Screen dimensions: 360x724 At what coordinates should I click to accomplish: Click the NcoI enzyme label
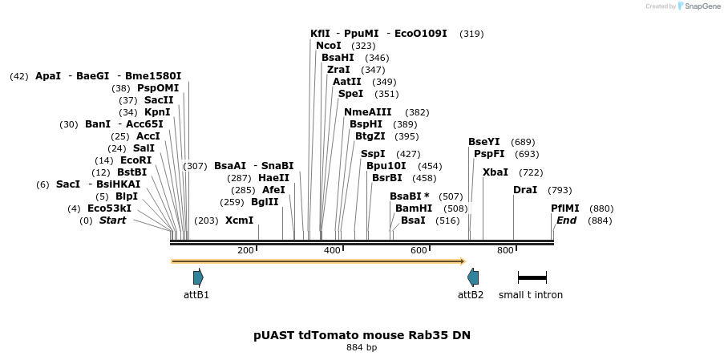pyautogui.click(x=329, y=46)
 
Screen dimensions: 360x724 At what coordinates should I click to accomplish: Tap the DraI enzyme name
pyautogui.click(x=525, y=190)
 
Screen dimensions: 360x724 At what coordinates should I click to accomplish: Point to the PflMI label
pyautogui.click(x=565, y=208)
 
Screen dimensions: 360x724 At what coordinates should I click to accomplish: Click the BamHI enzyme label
pyautogui.click(x=414, y=208)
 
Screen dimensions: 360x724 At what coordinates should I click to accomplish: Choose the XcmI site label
pyautogui.click(x=239, y=220)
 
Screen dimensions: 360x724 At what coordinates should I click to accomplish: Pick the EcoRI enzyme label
pyautogui.click(x=135, y=160)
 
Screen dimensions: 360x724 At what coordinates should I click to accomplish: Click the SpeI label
pyautogui.click(x=351, y=94)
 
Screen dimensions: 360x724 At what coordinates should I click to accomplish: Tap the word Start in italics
pyautogui.click(x=112, y=220)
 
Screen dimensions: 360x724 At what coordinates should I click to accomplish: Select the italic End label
pyautogui.click(x=566, y=220)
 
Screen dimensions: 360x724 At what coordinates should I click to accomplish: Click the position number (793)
pyautogui.click(x=560, y=191)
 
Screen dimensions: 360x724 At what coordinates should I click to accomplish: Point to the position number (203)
pyautogui.click(x=206, y=220)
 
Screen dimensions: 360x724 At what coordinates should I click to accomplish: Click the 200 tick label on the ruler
pyautogui.click(x=245, y=251)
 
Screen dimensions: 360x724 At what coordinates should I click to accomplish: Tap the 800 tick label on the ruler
pyautogui.click(x=504, y=251)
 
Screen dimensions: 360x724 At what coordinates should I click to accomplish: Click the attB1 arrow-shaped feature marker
pyautogui.click(x=198, y=277)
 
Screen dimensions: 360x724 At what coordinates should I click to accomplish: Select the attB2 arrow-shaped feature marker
pyautogui.click(x=473, y=277)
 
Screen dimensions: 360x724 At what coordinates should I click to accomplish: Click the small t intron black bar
pyautogui.click(x=532, y=277)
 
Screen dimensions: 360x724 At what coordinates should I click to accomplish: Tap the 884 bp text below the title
pyautogui.click(x=362, y=348)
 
